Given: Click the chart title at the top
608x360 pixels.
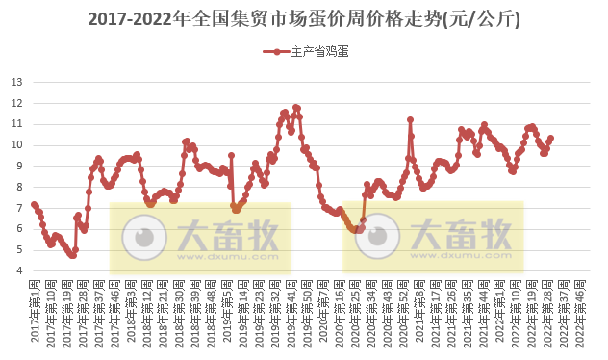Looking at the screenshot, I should point(304,18).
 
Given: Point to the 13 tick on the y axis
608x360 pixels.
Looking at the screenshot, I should point(16,82).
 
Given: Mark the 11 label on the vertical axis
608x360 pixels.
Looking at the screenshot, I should point(16,124).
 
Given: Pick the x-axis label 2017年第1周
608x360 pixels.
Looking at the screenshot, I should point(35,308).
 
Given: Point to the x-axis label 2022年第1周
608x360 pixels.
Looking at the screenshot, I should point(501,308).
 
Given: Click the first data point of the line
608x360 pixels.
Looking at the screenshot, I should point(34,204).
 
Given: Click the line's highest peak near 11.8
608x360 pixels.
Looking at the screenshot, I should point(296,107).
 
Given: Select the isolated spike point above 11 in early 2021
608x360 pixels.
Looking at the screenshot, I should point(410,119).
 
